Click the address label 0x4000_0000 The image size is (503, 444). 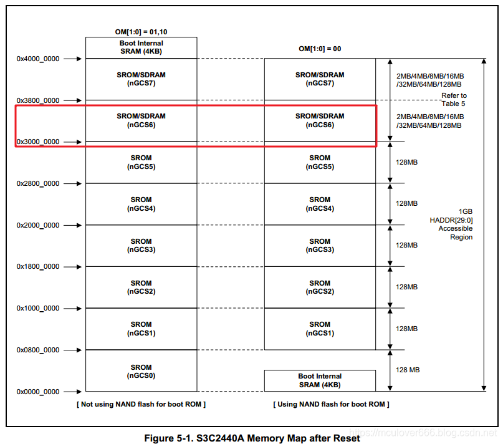tap(38, 59)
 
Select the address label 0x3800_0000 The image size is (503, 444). tap(38, 100)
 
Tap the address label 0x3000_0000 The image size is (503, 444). tap(38, 142)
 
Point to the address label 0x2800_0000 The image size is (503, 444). tap(38, 183)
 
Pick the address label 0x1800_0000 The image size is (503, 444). tap(38, 266)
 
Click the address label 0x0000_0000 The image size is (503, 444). tap(38, 392)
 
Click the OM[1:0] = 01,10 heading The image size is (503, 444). tap(141, 32)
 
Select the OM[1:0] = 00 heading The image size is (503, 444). tap(320, 49)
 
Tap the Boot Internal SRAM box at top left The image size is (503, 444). tap(141, 47)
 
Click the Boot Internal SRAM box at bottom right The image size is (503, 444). tap(320, 380)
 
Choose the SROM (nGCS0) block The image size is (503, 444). tap(141, 371)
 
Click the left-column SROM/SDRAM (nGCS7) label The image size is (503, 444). tap(141, 79)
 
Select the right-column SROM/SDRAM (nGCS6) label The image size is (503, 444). tap(320, 120)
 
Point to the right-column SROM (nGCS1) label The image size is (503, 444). tap(320, 329)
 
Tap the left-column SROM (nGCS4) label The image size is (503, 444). tap(141, 204)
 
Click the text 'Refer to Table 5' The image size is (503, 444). tap(454, 99)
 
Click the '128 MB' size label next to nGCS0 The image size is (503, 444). tap(408, 370)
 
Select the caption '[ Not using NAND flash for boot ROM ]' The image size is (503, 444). tap(141, 404)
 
